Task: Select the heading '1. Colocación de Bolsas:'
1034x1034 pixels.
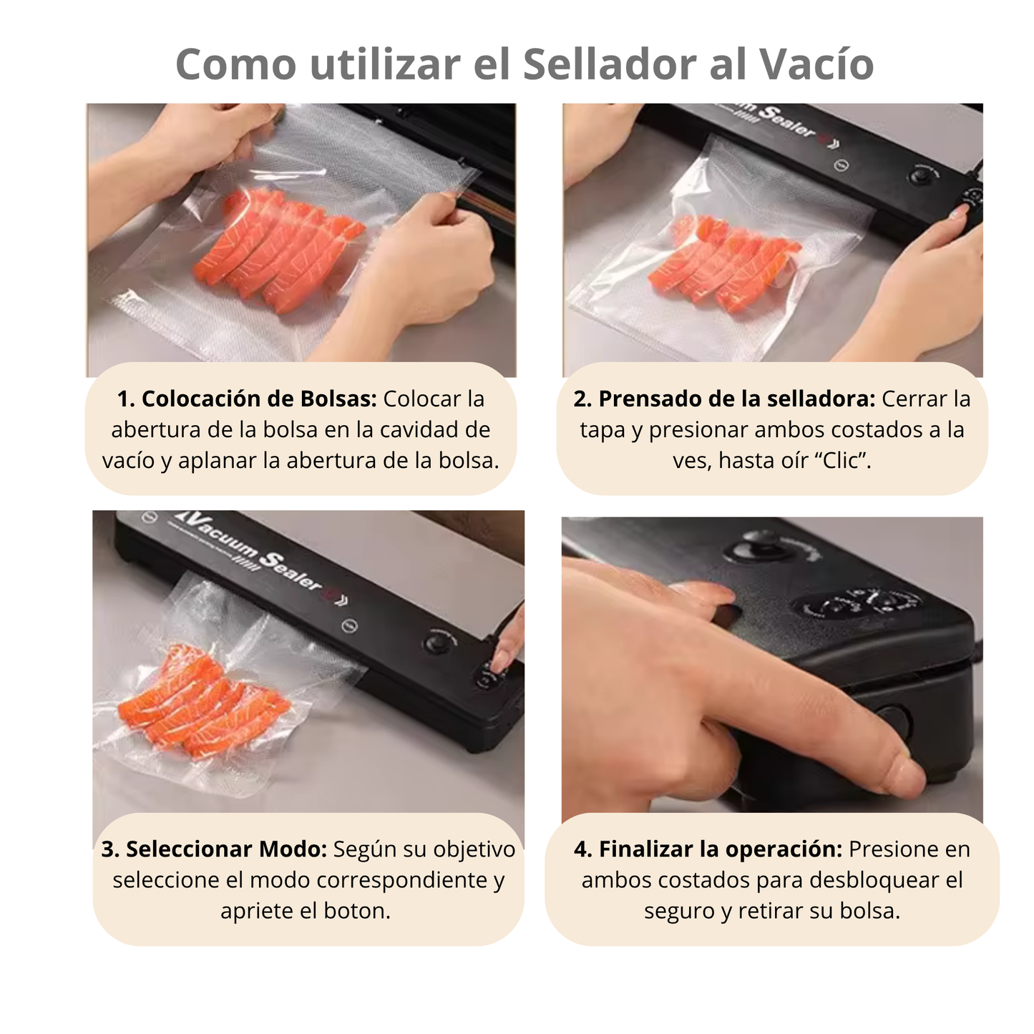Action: [247, 399]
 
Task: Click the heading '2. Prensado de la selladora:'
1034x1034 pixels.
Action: [723, 399]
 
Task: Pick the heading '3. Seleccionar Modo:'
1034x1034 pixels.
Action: [213, 849]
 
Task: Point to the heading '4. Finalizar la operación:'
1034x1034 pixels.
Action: [708, 849]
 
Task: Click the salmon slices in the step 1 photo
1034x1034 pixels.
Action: [279, 247]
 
